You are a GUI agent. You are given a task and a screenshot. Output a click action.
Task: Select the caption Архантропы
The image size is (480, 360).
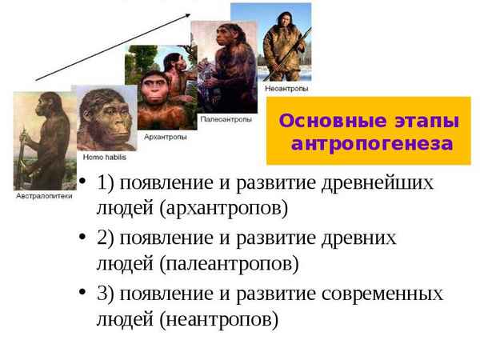coord(165,136)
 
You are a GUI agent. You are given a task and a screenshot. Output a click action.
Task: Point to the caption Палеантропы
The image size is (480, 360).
coord(225,118)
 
